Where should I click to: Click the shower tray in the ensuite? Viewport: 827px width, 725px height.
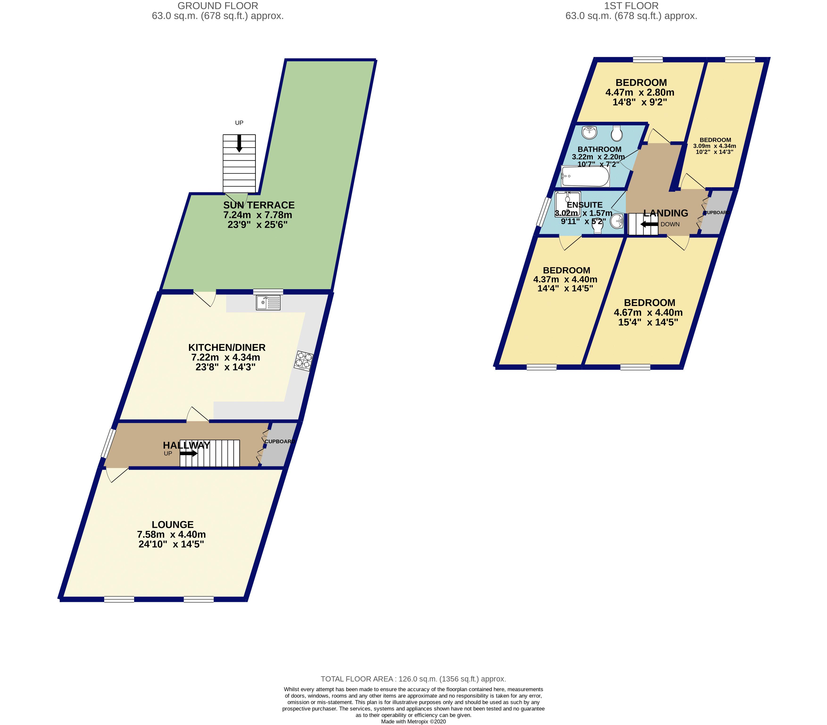click(x=568, y=204)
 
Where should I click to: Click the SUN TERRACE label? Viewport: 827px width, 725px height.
click(x=259, y=205)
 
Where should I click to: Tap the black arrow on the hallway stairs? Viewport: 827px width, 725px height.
click(x=189, y=453)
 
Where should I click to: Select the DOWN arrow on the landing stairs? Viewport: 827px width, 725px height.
click(x=649, y=224)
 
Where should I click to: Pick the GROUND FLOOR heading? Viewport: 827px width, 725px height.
click(x=218, y=6)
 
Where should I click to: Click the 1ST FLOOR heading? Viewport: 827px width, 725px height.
click(x=631, y=6)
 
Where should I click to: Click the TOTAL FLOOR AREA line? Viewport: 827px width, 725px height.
click(x=413, y=679)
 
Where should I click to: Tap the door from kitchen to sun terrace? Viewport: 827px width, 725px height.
click(x=205, y=298)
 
